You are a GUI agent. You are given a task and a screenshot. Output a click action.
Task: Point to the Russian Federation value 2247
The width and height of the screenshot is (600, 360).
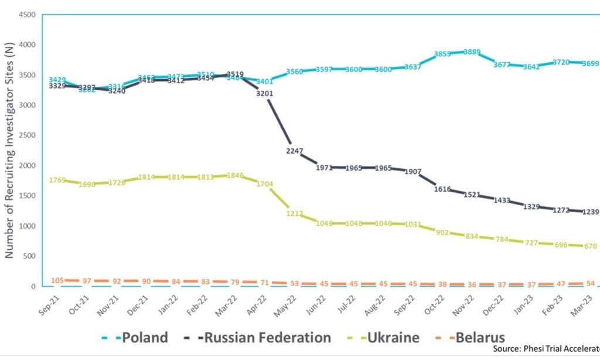295,151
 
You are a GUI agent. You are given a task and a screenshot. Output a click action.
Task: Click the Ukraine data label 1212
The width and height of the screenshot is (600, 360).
295,213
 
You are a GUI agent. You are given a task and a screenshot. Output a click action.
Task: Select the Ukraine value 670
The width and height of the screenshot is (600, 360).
590,246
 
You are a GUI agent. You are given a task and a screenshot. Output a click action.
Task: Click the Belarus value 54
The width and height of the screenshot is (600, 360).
590,284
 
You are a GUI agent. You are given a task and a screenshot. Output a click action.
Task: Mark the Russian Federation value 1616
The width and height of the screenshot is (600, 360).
443,189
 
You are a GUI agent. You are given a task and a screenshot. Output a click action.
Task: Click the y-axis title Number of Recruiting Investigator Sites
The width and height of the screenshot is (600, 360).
9,152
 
